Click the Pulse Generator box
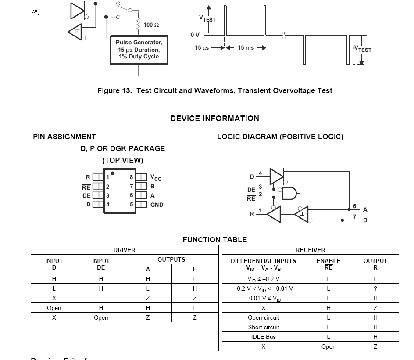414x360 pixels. pos(139,49)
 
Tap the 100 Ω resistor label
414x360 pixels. pos(151,25)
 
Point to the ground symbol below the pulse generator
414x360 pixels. pos(139,77)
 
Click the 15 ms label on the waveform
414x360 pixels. pos(246,48)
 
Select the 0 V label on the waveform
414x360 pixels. pos(195,35)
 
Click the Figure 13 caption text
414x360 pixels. pos(214,91)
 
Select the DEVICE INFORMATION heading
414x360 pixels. pos(214,119)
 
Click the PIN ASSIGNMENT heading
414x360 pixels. pos(64,137)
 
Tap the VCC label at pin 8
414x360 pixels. pos(156,178)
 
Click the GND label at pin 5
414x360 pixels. pos(157,205)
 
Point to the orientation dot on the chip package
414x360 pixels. pos(113,173)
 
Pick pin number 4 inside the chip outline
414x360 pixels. pos(108,205)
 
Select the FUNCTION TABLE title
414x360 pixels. pos(214,240)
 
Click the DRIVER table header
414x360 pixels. pos(125,250)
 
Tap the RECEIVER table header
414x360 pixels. pos(310,250)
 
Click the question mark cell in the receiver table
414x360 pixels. pos(375,288)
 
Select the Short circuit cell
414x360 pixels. pos(264,327)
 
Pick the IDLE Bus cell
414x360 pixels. pos(264,337)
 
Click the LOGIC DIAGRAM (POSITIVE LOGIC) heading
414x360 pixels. pos(280,137)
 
